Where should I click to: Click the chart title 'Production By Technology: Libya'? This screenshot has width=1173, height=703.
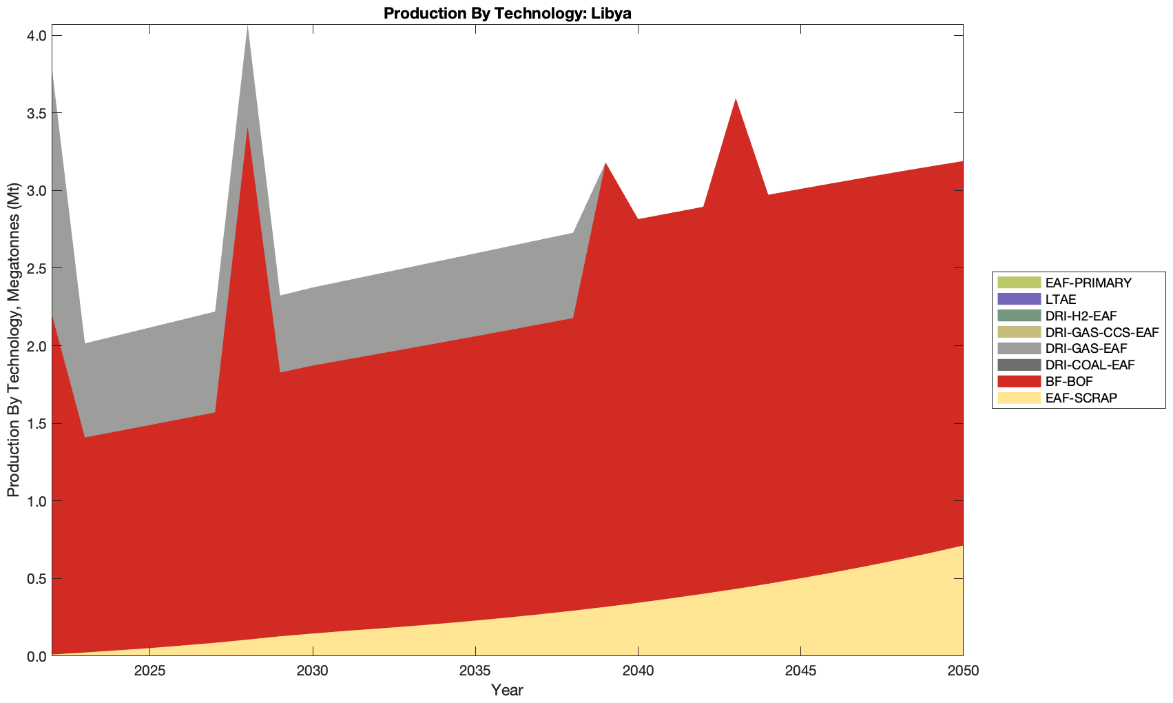tap(507, 13)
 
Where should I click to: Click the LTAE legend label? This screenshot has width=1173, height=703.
tap(1060, 299)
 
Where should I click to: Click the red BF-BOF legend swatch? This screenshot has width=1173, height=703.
tap(1018, 382)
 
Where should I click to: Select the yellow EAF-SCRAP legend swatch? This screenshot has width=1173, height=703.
tap(1018, 398)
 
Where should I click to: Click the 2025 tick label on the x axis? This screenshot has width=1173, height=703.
tap(149, 671)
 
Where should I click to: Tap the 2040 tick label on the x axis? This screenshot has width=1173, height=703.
tap(638, 671)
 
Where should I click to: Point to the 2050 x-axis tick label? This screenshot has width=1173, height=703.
tap(963, 671)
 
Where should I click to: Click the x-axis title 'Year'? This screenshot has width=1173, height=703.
tap(507, 690)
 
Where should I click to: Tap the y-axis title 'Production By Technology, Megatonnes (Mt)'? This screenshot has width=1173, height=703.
tap(13, 340)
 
